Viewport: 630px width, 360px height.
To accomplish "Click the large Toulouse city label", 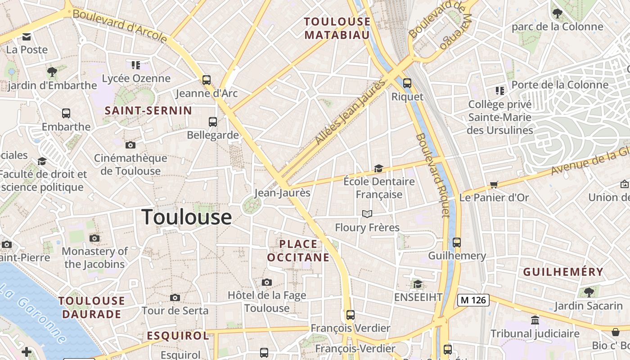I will click(187, 217).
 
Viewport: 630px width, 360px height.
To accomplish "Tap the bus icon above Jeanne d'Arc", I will click(207, 80).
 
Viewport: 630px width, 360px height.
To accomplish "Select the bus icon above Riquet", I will click(407, 83).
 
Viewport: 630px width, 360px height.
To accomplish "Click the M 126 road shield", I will click(473, 300).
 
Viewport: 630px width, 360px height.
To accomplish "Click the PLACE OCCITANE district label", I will click(298, 251).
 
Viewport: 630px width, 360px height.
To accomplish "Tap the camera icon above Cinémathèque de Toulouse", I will click(130, 145).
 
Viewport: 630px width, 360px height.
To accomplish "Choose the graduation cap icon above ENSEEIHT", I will click(418, 284).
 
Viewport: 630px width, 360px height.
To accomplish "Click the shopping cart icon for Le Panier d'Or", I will click(494, 184).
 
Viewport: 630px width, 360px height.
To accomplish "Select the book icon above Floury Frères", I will click(367, 214).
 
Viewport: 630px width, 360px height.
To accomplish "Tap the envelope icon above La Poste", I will click(27, 36).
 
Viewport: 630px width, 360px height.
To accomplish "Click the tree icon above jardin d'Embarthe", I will click(52, 72).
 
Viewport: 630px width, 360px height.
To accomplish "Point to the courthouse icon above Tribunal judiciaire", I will click(535, 320).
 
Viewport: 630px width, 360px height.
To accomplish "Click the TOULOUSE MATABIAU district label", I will click(337, 28).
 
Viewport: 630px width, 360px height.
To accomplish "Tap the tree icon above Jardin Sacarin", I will click(588, 292).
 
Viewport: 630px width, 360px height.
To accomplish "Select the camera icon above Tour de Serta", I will click(175, 297).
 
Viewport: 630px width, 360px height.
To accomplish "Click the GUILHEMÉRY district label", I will click(563, 272).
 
